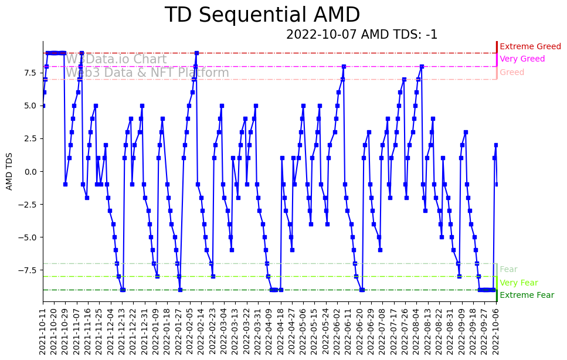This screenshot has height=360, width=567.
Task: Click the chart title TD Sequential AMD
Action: tap(262, 15)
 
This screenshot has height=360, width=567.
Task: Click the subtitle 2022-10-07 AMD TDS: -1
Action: tap(362, 35)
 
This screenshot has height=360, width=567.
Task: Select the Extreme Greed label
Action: tap(530, 46)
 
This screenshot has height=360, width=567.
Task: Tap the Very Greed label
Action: tap(522, 59)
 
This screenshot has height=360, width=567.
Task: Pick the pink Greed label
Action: tap(512, 73)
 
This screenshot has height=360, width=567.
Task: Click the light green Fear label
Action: tap(508, 270)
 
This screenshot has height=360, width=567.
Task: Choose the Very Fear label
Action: tap(518, 283)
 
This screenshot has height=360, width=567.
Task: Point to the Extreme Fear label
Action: tap(527, 296)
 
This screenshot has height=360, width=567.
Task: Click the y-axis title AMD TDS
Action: tap(9, 171)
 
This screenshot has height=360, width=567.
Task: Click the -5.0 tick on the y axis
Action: tap(29, 237)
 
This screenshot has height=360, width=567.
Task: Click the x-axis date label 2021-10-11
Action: tap(43, 331)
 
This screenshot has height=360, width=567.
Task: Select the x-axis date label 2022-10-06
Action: tap(497, 331)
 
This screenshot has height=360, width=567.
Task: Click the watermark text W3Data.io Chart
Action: tap(116, 60)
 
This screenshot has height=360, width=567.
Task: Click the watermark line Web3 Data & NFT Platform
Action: tap(147, 73)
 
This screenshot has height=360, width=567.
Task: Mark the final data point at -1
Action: tap(497, 184)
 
